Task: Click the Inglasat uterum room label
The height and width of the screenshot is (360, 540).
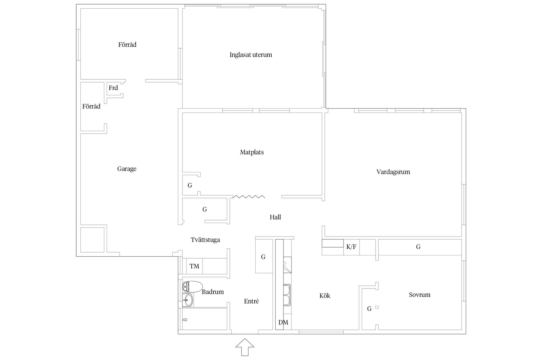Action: click(251, 55)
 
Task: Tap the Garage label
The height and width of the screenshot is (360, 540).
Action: click(127, 169)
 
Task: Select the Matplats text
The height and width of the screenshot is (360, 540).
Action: click(252, 152)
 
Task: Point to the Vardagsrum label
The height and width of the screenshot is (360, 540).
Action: click(393, 172)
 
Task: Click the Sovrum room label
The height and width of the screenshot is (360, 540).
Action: click(420, 295)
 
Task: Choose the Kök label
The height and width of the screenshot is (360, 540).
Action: click(325, 296)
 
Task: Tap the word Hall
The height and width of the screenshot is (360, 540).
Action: click(275, 217)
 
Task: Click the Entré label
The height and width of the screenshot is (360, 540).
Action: click(251, 301)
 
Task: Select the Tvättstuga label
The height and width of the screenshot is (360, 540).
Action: click(205, 240)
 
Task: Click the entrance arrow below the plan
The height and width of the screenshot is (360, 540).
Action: click(245, 347)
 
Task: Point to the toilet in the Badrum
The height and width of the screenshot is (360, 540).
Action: click(192, 287)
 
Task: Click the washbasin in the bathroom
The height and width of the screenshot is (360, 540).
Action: click(188, 300)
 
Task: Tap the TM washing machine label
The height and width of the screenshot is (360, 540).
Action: click(194, 266)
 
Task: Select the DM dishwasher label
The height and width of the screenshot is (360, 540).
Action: click(283, 322)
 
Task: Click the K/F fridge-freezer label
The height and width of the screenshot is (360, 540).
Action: click(351, 247)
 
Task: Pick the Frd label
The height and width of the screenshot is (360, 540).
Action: click(113, 88)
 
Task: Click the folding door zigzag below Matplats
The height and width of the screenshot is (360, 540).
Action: click(249, 196)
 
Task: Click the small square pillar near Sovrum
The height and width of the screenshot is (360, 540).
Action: click(377, 307)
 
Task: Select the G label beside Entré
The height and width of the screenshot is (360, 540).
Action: click(263, 257)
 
